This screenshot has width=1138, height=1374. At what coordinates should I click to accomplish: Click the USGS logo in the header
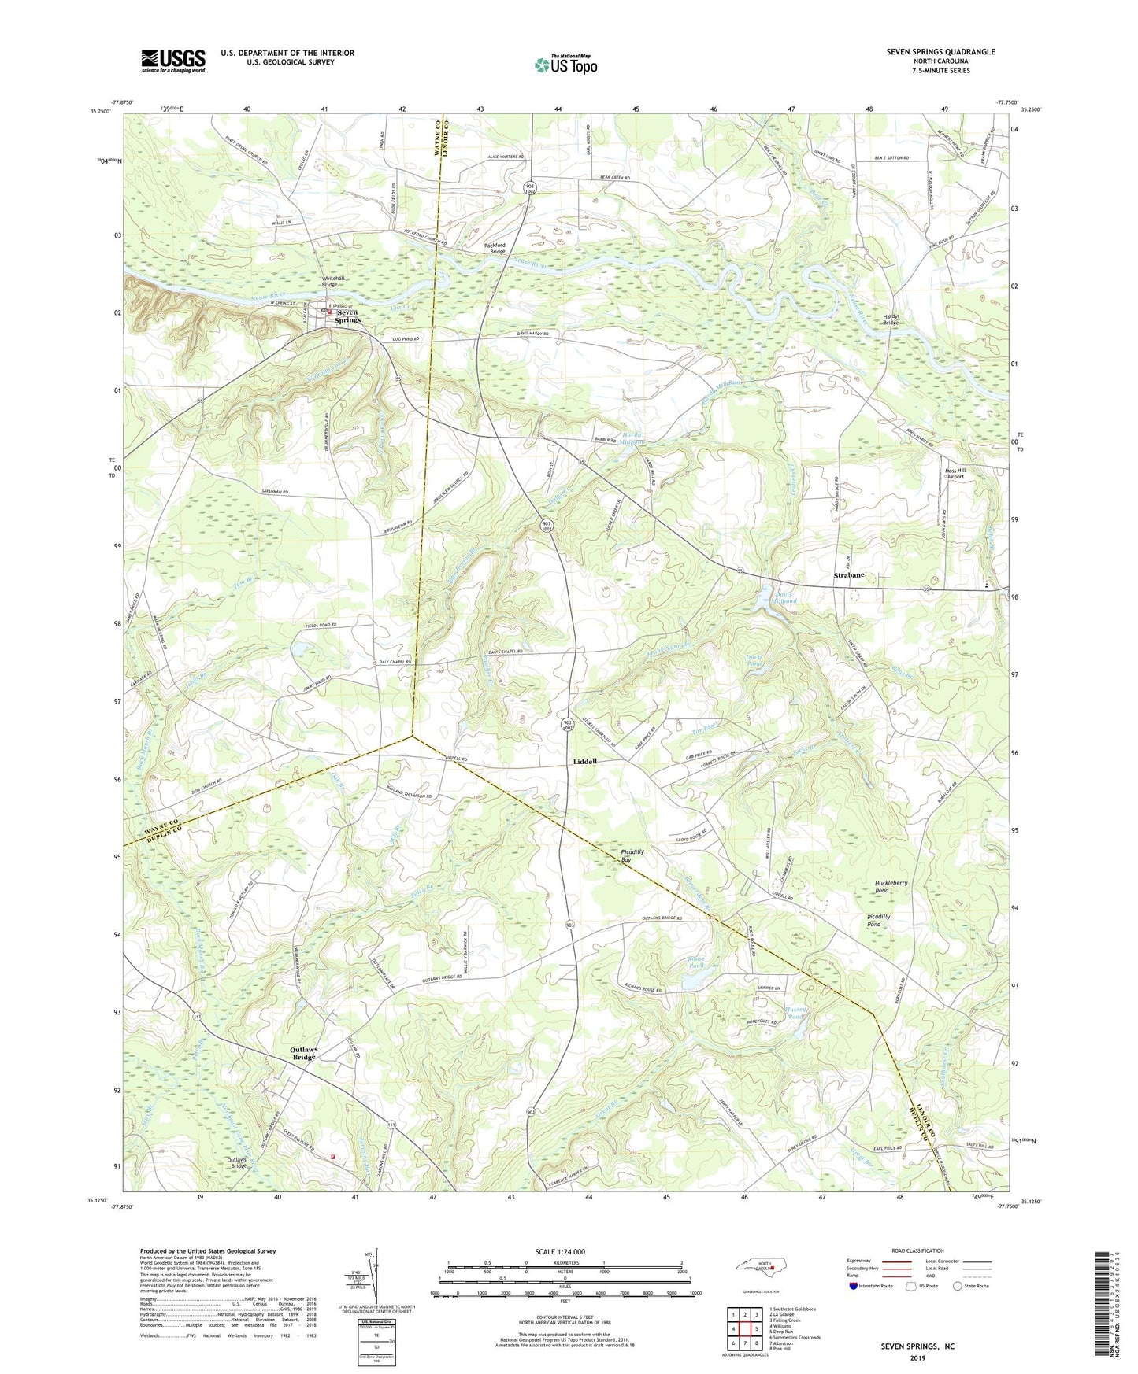[173, 61]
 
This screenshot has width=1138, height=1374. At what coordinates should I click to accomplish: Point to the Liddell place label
[584, 762]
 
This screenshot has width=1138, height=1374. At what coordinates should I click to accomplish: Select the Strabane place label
[849, 575]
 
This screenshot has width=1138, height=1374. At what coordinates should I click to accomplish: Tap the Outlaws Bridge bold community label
[303, 1053]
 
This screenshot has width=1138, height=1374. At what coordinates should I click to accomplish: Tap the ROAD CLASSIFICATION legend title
[917, 1250]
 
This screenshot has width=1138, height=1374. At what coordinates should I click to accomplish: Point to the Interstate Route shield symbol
[854, 1286]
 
